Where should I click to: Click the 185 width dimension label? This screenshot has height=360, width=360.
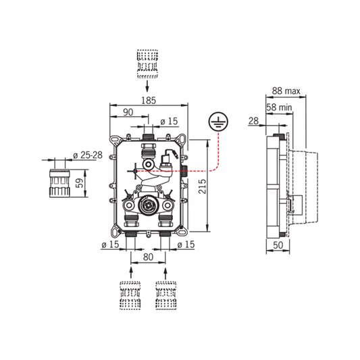click(149, 101)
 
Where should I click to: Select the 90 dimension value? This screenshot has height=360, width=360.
click(128, 112)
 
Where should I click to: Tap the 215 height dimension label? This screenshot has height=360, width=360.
click(202, 186)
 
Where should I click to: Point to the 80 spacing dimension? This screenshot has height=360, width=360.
click(148, 257)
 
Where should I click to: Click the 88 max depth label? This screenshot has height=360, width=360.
click(286, 91)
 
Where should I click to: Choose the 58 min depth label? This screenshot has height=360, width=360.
click(279, 107)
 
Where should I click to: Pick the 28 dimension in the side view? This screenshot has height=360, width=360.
click(253, 121)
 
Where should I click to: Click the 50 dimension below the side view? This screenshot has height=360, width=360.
click(278, 245)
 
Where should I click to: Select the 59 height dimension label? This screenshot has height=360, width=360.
click(80, 183)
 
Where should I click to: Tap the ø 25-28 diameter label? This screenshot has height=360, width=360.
click(88, 155)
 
